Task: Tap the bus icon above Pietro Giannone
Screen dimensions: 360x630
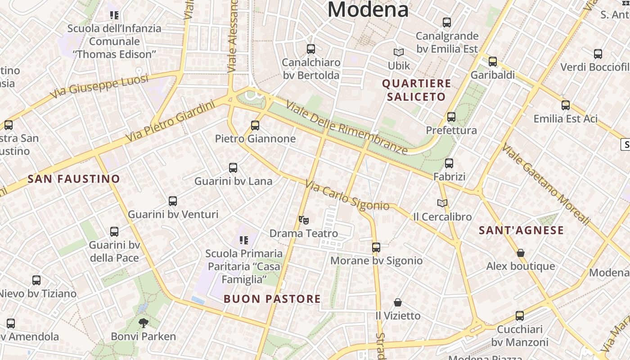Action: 255,125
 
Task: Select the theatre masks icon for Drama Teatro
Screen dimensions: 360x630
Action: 304,220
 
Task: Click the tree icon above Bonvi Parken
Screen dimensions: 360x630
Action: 143,323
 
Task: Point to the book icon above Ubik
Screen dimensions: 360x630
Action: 399,53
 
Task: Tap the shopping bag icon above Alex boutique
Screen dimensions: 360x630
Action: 521,253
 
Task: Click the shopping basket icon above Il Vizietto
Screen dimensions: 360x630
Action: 398,302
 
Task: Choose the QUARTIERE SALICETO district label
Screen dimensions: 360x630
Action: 416,90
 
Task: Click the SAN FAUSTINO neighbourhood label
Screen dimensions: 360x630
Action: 74,179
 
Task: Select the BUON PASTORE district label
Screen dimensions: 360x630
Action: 272,299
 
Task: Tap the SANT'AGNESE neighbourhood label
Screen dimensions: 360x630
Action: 521,231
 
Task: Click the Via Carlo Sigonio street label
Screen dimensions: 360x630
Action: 347,196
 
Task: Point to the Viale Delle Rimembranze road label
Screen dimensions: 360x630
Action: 346,128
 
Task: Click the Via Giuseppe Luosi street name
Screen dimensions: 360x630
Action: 99,87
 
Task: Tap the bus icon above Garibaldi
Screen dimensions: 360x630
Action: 493,62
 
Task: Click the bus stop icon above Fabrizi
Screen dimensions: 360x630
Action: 449,163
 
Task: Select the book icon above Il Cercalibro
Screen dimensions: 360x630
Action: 442,203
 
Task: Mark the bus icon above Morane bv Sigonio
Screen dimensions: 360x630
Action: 376,247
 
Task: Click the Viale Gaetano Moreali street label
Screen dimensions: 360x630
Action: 546,184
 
